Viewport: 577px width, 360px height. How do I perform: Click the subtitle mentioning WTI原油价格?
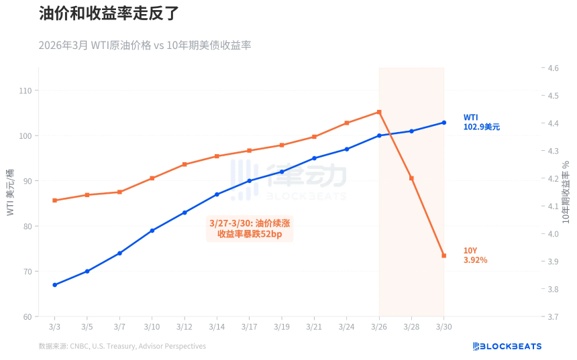[144, 45]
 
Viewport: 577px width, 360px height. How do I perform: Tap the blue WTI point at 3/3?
[54, 285]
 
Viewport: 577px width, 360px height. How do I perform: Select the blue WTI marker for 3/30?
[443, 123]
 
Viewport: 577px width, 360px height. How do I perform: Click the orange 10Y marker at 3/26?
[379, 112]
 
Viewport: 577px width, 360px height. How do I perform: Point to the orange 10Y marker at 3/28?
[411, 178]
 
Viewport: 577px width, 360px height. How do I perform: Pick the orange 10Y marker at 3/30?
[443, 255]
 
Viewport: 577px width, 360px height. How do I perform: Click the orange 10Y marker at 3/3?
[54, 200]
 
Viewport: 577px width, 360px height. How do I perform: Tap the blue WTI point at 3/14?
[217, 194]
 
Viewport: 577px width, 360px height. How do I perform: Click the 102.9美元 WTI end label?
[481, 127]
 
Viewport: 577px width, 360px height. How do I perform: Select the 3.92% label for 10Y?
[475, 259]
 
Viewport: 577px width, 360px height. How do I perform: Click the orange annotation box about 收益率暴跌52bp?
[250, 228]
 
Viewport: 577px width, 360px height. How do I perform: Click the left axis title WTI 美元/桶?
[10, 192]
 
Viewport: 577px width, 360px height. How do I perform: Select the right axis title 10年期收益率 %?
[566, 192]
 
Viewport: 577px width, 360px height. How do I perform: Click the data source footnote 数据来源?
[122, 346]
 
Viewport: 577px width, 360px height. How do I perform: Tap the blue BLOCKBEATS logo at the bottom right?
[507, 346]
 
